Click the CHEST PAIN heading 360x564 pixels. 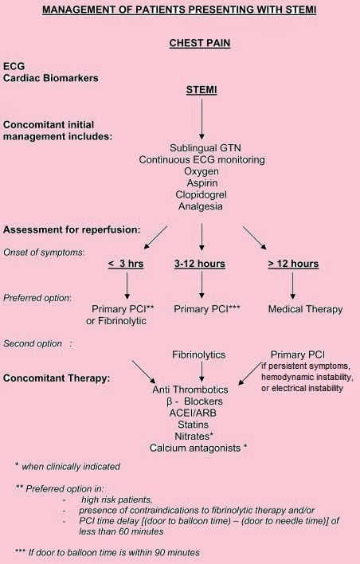click(x=200, y=43)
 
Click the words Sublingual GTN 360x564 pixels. click(x=201, y=148)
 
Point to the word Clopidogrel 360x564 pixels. click(x=201, y=194)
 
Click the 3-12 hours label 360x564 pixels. click(x=200, y=264)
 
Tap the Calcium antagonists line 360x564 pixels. click(x=199, y=448)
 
